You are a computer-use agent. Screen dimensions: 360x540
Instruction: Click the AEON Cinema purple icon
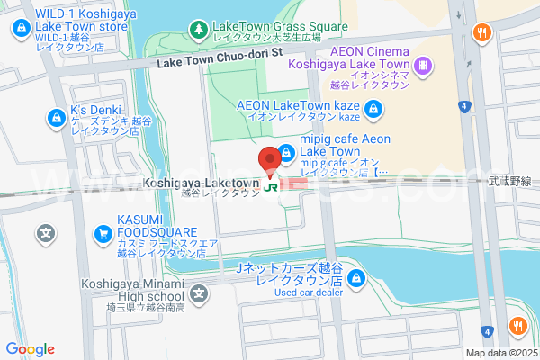[x=424, y=65]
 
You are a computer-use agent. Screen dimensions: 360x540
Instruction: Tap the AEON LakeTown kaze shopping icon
[x=374, y=112]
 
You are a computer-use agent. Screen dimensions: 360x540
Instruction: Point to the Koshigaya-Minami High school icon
[x=199, y=292]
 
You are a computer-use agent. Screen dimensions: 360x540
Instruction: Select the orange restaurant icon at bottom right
[x=517, y=327]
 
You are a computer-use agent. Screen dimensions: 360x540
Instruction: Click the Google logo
[x=30, y=349]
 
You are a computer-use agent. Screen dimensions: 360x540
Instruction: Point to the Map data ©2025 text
[x=500, y=352]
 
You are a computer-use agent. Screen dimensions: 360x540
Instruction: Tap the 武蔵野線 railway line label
[x=516, y=181]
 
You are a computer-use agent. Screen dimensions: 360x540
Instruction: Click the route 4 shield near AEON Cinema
[x=463, y=106]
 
